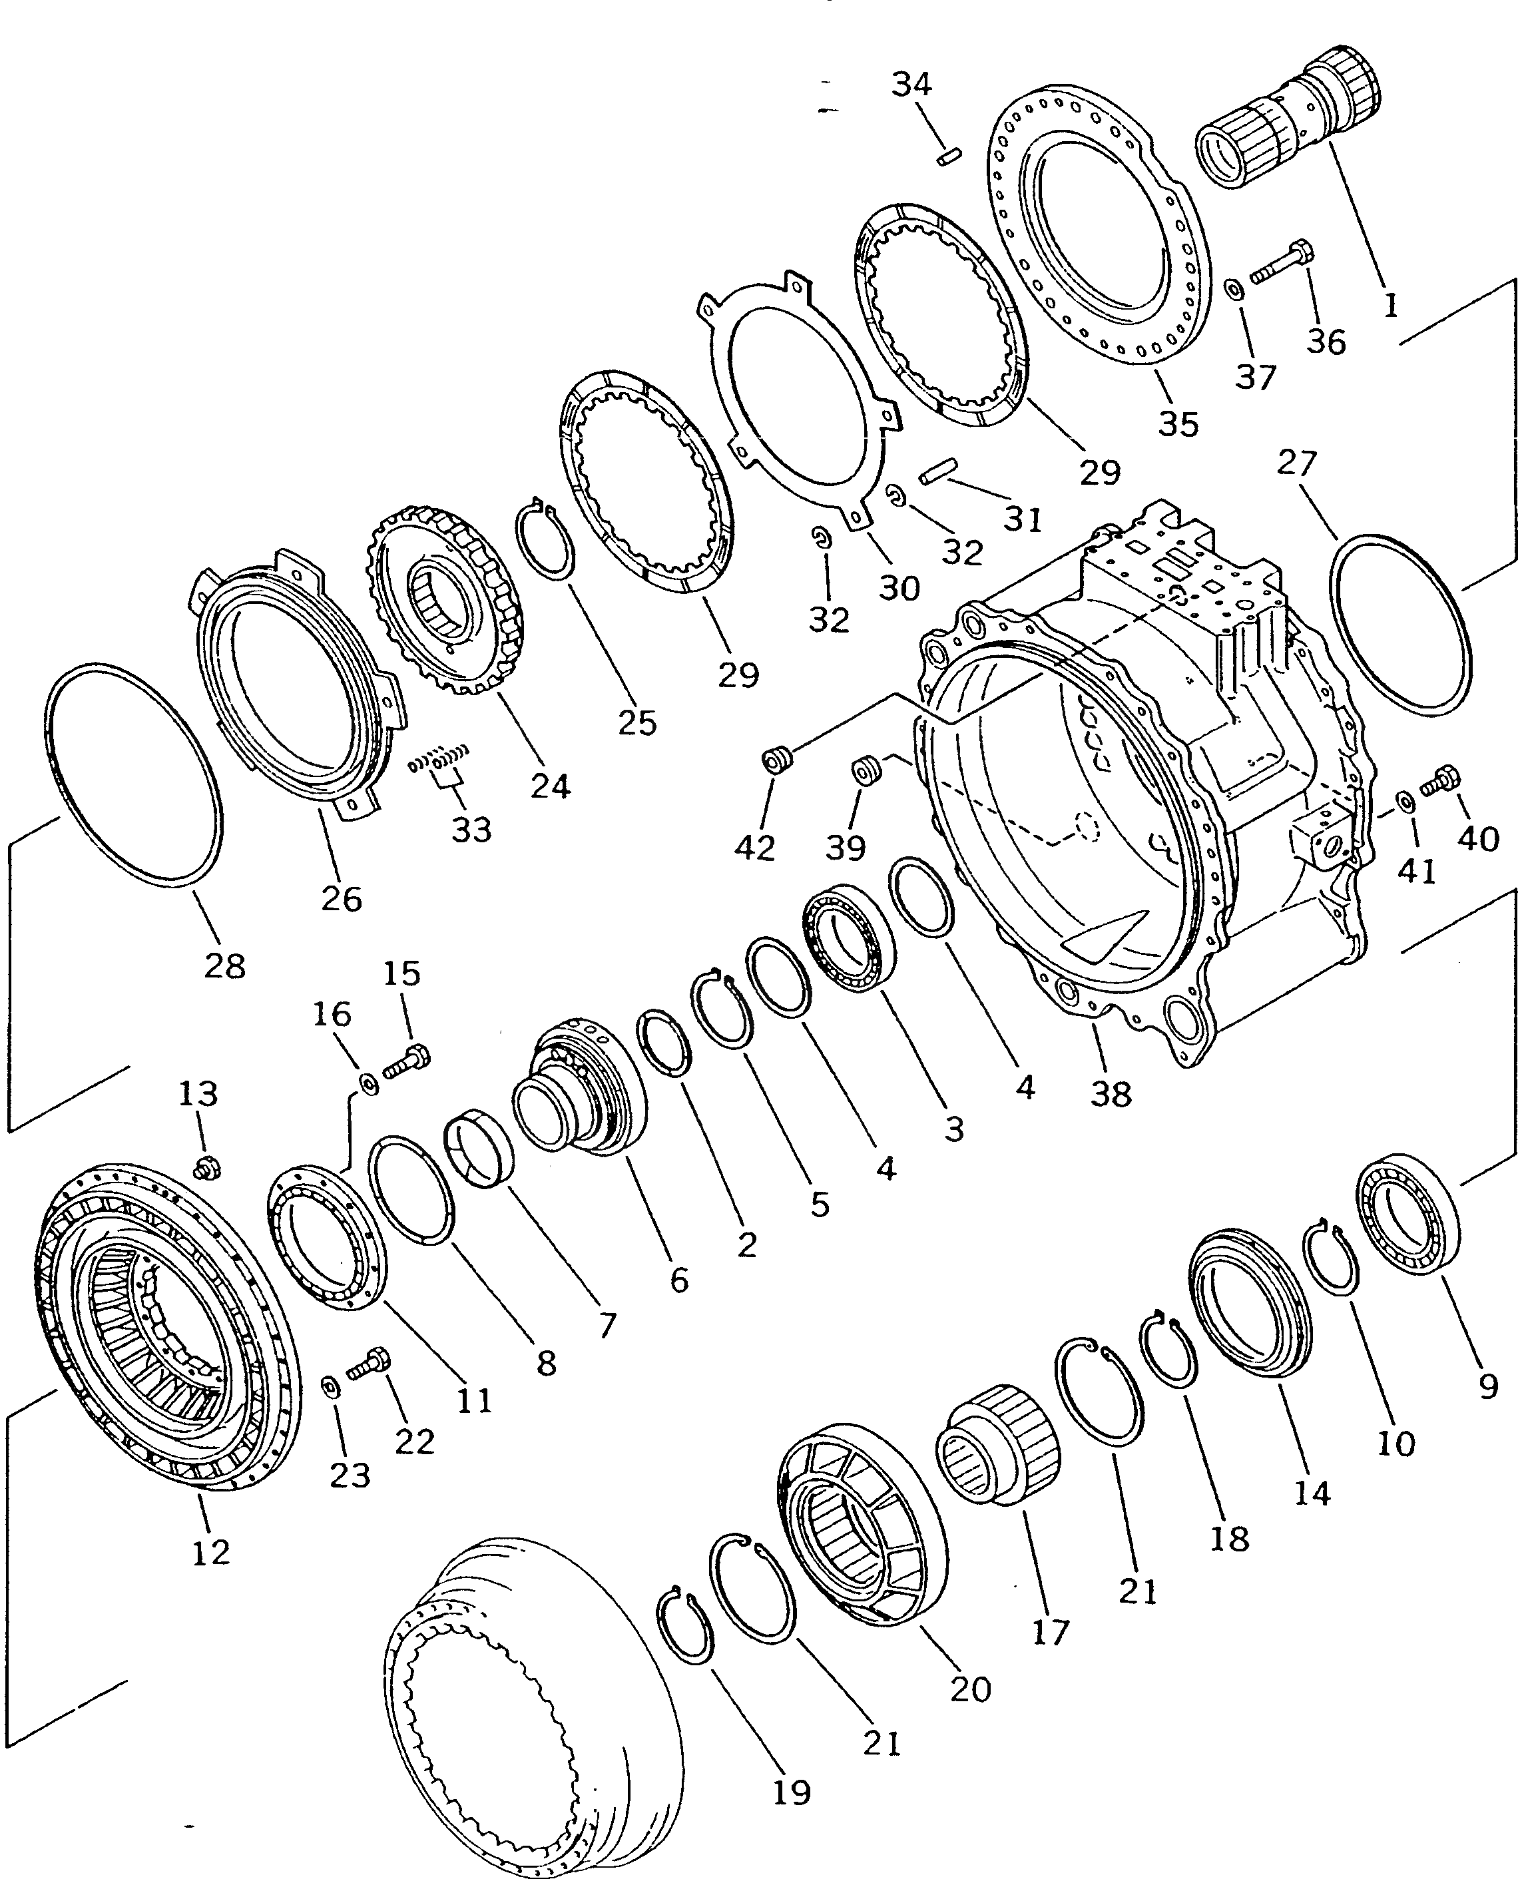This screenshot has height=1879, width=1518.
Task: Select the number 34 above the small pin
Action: coord(912,85)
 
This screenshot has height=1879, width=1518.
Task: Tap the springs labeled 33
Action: coord(440,754)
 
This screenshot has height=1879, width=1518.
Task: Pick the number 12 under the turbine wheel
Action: coord(211,1552)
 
